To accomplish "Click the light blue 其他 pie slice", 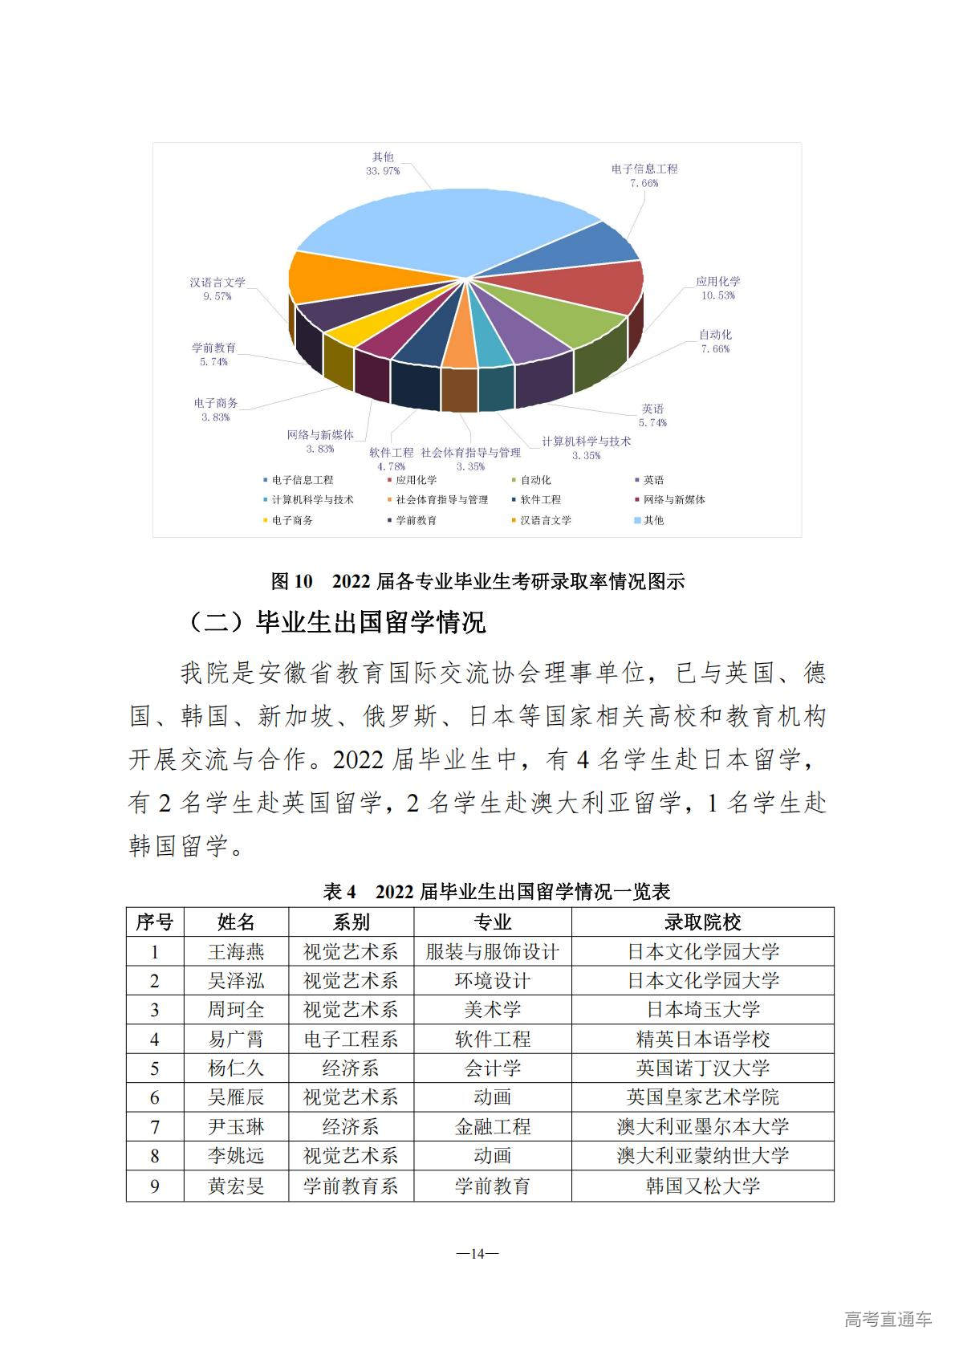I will coord(433,229).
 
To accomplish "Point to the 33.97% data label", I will coord(383,171).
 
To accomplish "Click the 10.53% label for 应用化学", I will coord(717,295).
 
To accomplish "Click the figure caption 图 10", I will coord(477,581).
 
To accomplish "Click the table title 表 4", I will coord(496,891).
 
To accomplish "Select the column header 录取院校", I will coord(702,922).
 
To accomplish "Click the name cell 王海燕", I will coord(236,952).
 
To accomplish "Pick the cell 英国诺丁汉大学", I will coord(702,1068).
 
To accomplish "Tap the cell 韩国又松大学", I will coord(702,1186).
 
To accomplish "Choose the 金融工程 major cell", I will coord(492,1127).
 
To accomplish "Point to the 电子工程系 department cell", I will coord(351,1040).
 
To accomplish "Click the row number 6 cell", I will coord(155,1097).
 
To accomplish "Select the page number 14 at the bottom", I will coord(477,1254).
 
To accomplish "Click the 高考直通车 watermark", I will coord(888,1319).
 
